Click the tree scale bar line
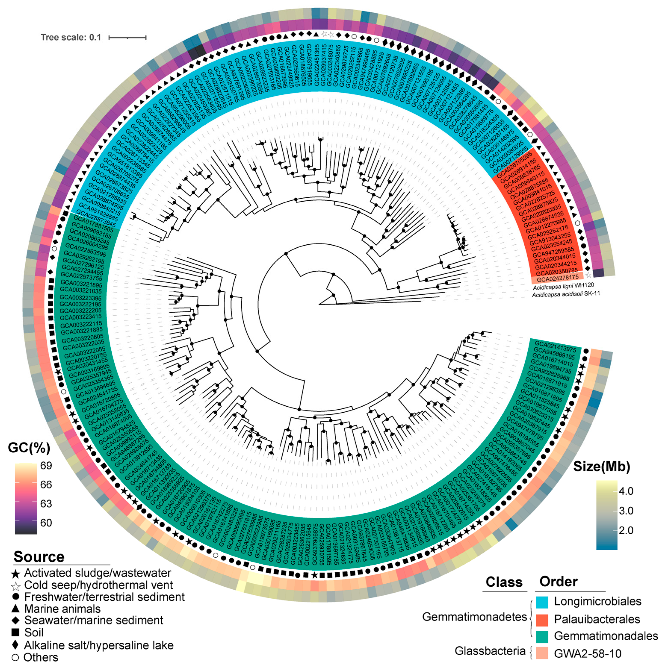[127, 37]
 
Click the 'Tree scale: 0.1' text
[71, 37]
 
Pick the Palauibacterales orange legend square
[542, 619]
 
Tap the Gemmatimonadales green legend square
[542, 636]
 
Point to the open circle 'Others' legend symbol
[15, 658]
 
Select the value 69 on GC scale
[46, 466]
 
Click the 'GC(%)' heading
[29, 448]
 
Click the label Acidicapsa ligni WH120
[563, 286]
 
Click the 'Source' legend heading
[39, 557]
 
